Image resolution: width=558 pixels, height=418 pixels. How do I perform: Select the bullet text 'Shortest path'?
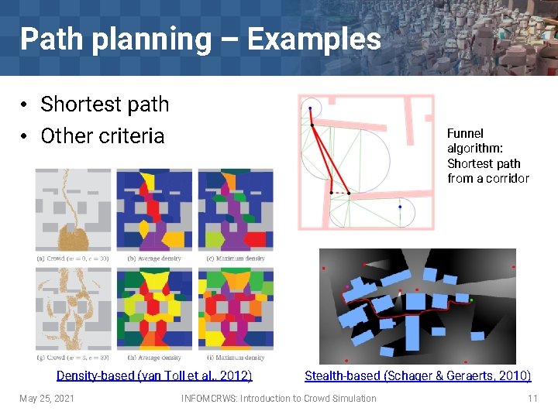[104, 104]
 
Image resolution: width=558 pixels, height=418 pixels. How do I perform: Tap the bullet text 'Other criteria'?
[102, 135]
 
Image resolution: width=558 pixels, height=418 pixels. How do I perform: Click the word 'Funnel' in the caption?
[465, 134]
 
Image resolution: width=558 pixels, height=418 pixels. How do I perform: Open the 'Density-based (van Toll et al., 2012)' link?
[154, 376]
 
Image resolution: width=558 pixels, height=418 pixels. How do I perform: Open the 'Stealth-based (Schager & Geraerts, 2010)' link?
[418, 376]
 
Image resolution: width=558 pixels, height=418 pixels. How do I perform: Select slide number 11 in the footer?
[532, 399]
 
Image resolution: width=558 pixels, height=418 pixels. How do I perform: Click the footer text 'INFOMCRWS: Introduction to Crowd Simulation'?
[278, 399]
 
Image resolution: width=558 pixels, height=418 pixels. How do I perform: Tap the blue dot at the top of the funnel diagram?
[310, 108]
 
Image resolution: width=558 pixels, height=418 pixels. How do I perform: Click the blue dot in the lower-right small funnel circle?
[400, 207]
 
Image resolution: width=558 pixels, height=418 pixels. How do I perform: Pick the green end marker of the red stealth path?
[471, 300]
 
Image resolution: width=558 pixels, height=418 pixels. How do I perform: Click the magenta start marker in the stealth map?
[346, 288]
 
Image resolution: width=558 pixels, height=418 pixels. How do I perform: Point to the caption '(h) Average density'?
[154, 358]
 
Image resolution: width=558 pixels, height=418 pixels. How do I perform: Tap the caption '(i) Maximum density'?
[236, 358]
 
